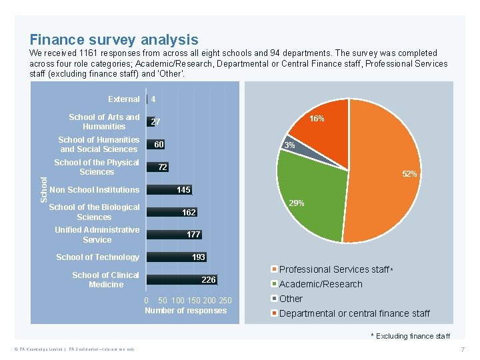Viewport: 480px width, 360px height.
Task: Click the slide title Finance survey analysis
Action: [x=113, y=40]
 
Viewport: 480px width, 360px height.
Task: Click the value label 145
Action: [x=183, y=190]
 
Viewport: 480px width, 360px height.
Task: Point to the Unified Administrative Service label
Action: [x=97, y=235]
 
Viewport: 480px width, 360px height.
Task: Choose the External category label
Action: [x=124, y=99]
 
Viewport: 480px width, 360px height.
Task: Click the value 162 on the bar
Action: [x=189, y=213]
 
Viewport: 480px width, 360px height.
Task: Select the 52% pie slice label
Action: [x=409, y=174]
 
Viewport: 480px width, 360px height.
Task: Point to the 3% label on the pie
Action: [x=289, y=145]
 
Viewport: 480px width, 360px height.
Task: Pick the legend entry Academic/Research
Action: [x=320, y=284]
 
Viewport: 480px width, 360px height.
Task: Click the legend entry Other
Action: [x=291, y=299]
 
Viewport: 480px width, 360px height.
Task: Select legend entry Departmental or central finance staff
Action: [x=354, y=313]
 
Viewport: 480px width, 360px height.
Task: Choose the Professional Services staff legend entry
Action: [x=333, y=269]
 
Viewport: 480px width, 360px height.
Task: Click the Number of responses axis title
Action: [x=185, y=311]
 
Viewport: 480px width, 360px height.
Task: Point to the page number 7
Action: [x=461, y=349]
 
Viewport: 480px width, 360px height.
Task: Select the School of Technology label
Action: [x=97, y=257]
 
